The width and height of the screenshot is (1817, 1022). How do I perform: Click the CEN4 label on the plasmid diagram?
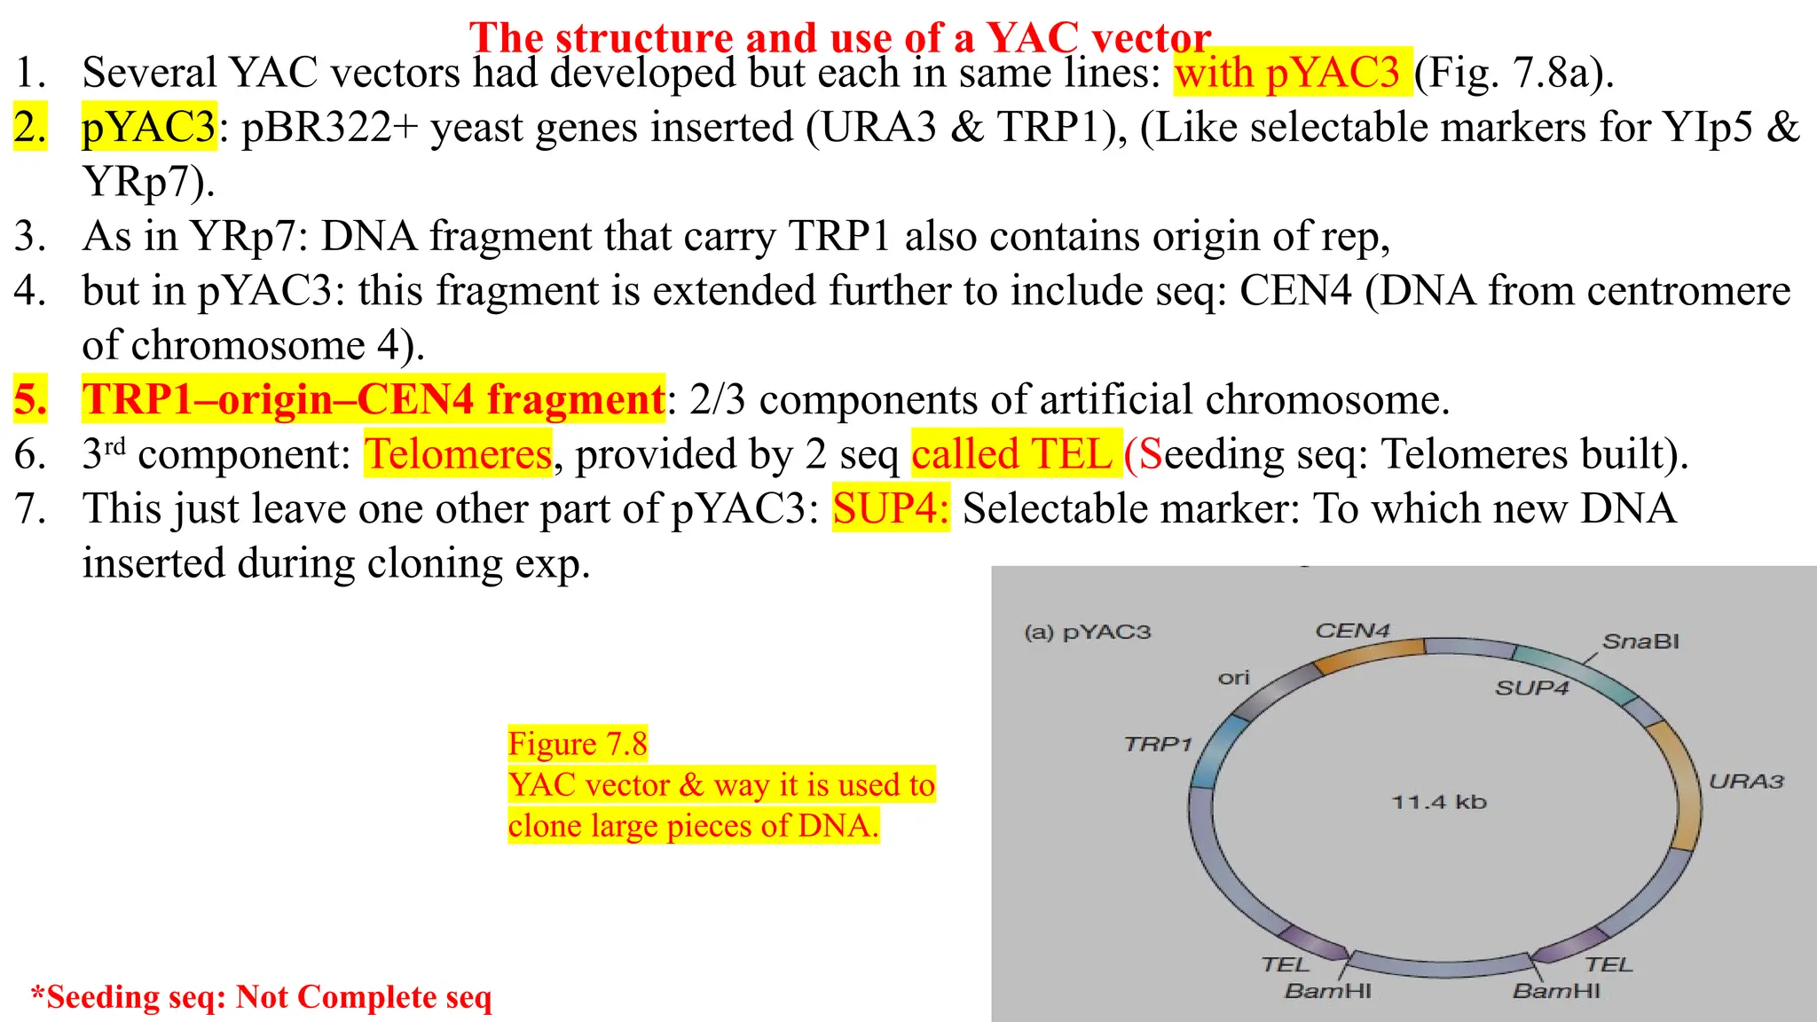pyautogui.click(x=1351, y=631)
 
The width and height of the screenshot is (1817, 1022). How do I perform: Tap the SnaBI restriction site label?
pyautogui.click(x=1640, y=641)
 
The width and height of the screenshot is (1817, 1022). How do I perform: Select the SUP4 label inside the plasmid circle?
pyautogui.click(x=1531, y=688)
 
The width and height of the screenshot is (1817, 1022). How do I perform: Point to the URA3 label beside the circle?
pyautogui.click(x=1746, y=782)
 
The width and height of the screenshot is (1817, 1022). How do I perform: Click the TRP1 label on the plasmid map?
pyautogui.click(x=1158, y=744)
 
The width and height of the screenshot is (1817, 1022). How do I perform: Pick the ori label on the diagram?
pyautogui.click(x=1233, y=679)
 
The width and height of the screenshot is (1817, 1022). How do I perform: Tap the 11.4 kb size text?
pyautogui.click(x=1438, y=802)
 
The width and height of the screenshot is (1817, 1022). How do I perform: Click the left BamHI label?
pyautogui.click(x=1327, y=991)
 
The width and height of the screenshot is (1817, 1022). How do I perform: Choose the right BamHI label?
pyautogui.click(x=1556, y=991)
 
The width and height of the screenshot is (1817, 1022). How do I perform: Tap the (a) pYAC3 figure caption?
pyautogui.click(x=1087, y=633)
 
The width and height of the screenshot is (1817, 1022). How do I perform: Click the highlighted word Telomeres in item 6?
pyautogui.click(x=458, y=454)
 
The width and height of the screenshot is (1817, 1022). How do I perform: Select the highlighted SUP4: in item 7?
pyautogui.click(x=890, y=508)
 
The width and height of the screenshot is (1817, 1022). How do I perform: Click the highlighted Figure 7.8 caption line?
pyautogui.click(x=578, y=743)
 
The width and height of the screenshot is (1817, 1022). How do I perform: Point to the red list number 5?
pyautogui.click(x=30, y=399)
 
